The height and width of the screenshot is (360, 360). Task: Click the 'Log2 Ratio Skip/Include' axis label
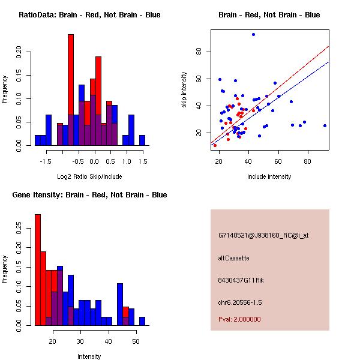(x=89, y=176)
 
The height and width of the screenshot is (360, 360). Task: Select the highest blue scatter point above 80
(x=254, y=34)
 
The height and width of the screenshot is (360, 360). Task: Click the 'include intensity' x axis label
(x=269, y=176)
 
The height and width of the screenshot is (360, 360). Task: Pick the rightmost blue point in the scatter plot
(x=325, y=125)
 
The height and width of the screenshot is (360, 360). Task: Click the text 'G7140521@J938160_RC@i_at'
(x=264, y=236)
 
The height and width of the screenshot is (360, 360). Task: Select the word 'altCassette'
(x=233, y=258)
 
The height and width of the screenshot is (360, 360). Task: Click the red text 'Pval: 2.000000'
(x=239, y=319)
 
